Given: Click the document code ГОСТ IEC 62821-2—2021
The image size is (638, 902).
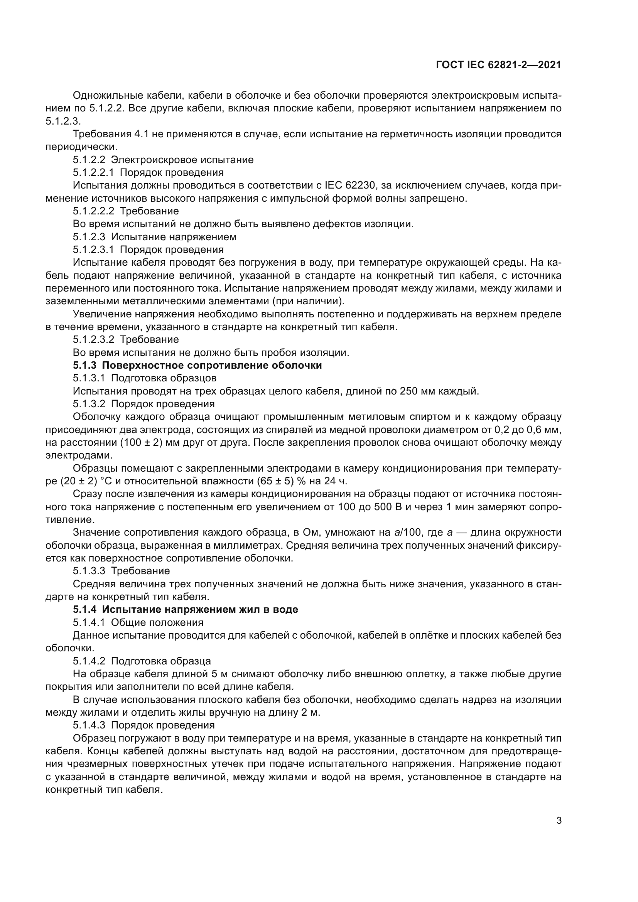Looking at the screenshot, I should [498, 65].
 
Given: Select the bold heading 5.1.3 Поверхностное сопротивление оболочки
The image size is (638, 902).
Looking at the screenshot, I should [197, 365].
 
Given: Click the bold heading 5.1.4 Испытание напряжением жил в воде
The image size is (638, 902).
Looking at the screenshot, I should [186, 609].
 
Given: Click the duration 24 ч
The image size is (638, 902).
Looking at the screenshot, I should [336, 481].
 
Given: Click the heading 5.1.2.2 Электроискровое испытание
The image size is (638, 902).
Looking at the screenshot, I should [163, 160].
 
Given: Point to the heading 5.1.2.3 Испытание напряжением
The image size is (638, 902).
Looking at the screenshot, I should [154, 237].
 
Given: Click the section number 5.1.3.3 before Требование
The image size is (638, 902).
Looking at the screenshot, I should [89, 571].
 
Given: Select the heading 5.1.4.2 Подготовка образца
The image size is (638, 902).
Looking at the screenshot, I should [142, 661].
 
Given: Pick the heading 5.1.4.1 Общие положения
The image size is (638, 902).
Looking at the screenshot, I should [138, 622].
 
